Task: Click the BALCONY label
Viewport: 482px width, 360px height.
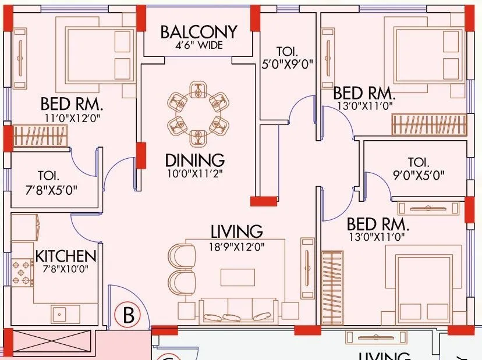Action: (199, 31)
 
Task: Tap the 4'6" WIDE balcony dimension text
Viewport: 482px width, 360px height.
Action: (199, 46)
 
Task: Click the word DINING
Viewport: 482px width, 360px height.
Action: (194, 159)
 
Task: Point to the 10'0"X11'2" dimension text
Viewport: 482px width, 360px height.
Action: (194, 172)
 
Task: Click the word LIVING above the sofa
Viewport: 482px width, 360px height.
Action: (236, 231)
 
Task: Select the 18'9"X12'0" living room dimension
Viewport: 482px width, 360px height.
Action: (236, 246)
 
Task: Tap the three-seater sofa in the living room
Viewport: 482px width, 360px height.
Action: (237, 309)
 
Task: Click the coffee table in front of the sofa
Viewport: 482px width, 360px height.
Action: (238, 277)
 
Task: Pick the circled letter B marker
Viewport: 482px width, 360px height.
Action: (129, 315)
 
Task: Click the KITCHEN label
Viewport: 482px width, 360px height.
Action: (65, 256)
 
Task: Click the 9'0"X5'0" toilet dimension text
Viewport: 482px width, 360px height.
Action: (418, 175)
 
